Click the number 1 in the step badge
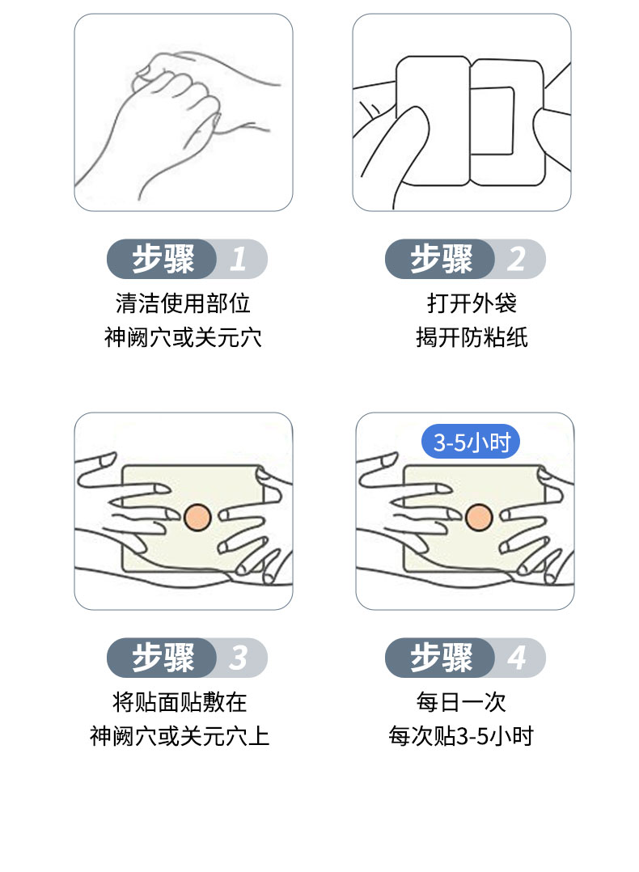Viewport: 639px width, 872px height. point(238,260)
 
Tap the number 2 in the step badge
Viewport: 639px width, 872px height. point(516,260)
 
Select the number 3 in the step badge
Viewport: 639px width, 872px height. point(238,658)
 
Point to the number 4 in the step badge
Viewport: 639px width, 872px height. point(516,658)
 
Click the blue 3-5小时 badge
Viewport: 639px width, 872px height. point(471,442)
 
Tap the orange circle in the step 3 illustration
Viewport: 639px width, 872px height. point(197,516)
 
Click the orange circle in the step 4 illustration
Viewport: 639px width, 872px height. point(478,516)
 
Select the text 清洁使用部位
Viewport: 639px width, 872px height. point(183,303)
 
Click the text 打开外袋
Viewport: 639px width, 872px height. point(472,303)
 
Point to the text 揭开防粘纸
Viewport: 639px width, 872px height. point(472,337)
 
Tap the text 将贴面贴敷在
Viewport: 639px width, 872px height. point(180,701)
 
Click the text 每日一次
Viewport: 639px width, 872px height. point(461,701)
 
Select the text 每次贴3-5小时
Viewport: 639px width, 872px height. point(461,737)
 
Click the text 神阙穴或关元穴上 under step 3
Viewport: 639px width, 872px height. point(180,737)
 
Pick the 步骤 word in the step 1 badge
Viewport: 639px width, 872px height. point(163,260)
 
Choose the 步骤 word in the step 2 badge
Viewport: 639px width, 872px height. point(441,260)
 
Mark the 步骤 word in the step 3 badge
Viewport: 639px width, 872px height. point(163,658)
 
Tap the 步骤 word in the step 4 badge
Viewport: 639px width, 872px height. point(441,658)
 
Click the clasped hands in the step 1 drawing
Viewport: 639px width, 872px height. point(178,105)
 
